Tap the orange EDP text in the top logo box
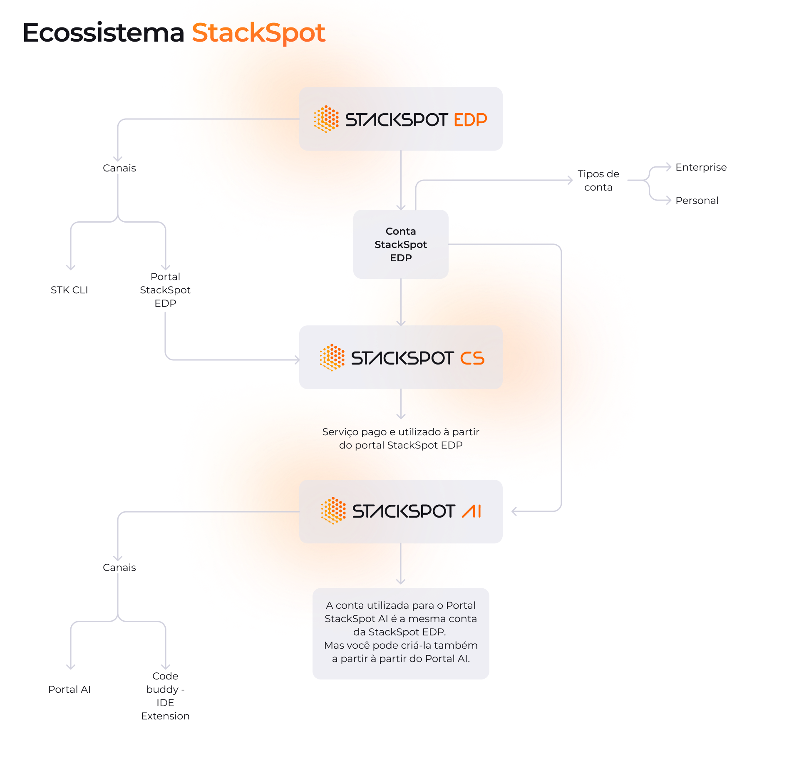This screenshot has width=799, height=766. [470, 120]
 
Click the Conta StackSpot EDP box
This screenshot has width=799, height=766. [400, 244]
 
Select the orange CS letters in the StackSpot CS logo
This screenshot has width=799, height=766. [472, 358]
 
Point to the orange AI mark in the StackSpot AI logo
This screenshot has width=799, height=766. [471, 511]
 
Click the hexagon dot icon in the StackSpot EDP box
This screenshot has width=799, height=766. [326, 119]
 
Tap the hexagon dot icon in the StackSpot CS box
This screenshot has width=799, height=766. [332, 357]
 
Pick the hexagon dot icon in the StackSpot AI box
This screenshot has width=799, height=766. [333, 511]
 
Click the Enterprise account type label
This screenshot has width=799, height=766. [701, 167]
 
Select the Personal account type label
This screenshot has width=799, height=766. [697, 201]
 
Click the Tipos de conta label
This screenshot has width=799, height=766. [598, 181]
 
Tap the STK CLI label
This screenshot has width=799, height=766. [69, 290]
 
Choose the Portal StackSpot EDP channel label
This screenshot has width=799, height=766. [165, 290]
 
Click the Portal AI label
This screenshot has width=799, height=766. [69, 689]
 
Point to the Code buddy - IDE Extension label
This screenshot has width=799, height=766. [165, 696]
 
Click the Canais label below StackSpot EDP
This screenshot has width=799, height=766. [119, 168]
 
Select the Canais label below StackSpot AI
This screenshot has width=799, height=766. [119, 568]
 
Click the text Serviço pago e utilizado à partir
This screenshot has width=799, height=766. [400, 432]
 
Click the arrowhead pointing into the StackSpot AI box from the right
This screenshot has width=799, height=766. [514, 511]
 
